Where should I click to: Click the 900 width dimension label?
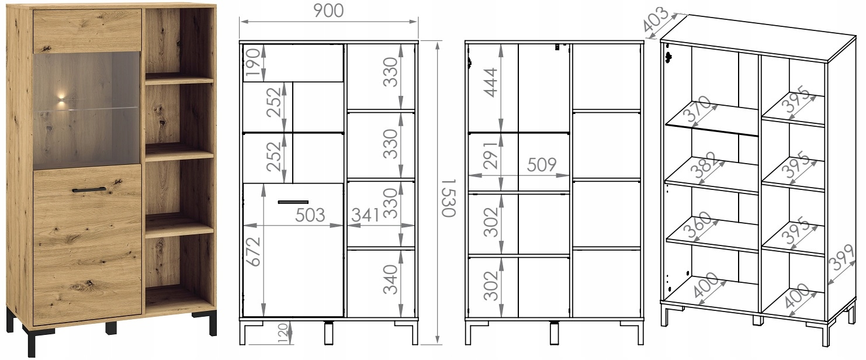328,11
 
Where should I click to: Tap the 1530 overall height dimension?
449,198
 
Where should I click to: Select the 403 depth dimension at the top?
656,19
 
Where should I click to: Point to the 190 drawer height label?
253,63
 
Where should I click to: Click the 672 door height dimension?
253,252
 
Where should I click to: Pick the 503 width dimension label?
310,216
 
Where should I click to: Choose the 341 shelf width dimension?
365,216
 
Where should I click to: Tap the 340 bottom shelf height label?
390,279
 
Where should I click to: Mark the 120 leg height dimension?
283,333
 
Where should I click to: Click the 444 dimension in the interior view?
491,82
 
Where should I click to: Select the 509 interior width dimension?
542,165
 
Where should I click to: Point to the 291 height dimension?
491,155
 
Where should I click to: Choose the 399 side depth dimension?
843,257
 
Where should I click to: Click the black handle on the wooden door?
89,189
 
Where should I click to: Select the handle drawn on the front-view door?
293,202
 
